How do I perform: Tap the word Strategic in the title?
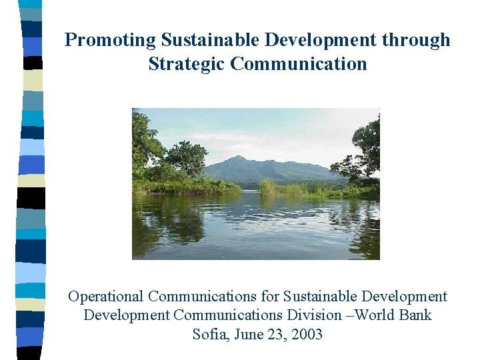click(186, 64)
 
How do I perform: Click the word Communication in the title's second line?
click(298, 64)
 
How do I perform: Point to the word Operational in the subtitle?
click(105, 296)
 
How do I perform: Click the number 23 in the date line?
click(275, 334)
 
